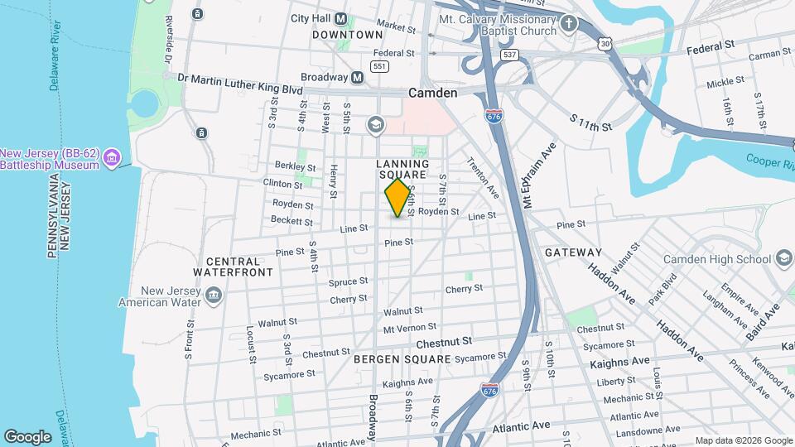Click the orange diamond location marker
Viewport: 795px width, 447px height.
397,198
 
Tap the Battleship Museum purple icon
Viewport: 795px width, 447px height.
113,156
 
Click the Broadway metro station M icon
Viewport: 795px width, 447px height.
358,77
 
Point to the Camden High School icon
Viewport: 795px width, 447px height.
783,258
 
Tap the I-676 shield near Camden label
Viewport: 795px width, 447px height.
494,117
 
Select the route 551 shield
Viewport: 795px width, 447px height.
380,66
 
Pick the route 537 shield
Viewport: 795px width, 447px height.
508,55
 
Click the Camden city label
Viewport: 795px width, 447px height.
432,94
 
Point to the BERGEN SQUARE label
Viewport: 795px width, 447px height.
402,359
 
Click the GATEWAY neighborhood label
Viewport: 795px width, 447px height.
573,252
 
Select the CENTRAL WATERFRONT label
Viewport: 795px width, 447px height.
234,267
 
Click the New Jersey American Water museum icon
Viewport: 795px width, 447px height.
214,296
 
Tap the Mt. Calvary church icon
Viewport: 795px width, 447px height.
568,24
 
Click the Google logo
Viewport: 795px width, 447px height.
27,436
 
